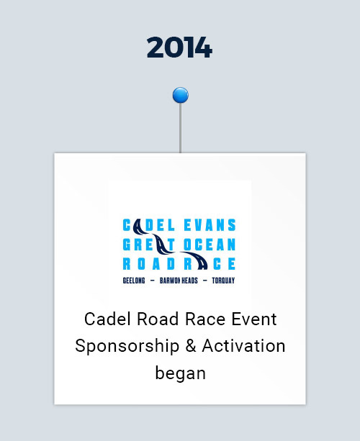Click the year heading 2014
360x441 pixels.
click(x=179, y=47)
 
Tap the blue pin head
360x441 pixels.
click(x=181, y=95)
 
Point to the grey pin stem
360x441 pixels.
click(x=181, y=128)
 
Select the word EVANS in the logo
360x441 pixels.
click(x=210, y=225)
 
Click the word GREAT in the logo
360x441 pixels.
click(x=149, y=245)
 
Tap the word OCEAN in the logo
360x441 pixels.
click(x=210, y=245)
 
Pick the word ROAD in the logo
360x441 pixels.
click(x=149, y=264)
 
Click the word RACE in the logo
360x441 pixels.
click(x=210, y=264)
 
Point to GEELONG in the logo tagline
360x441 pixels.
click(x=134, y=281)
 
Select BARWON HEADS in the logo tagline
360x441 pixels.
click(x=179, y=281)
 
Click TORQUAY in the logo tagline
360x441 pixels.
click(x=223, y=281)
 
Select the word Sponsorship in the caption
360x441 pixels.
click(x=127, y=346)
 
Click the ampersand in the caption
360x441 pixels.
click(x=191, y=345)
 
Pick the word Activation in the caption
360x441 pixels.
click(x=244, y=345)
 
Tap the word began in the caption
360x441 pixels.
click(x=181, y=373)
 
